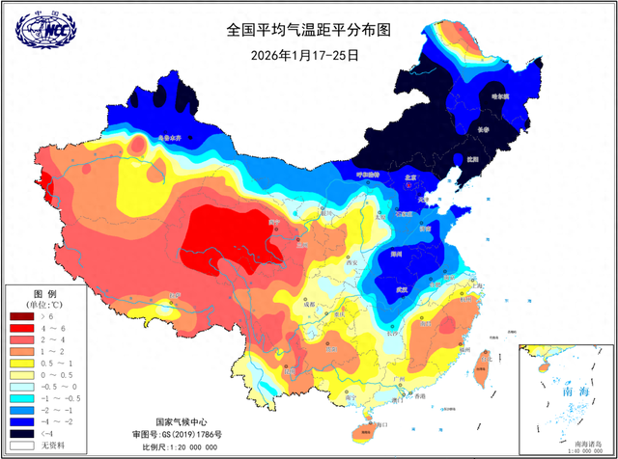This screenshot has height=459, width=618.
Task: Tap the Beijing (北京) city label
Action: tap(409, 177)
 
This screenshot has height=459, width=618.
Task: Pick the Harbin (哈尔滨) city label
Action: tap(498, 96)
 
